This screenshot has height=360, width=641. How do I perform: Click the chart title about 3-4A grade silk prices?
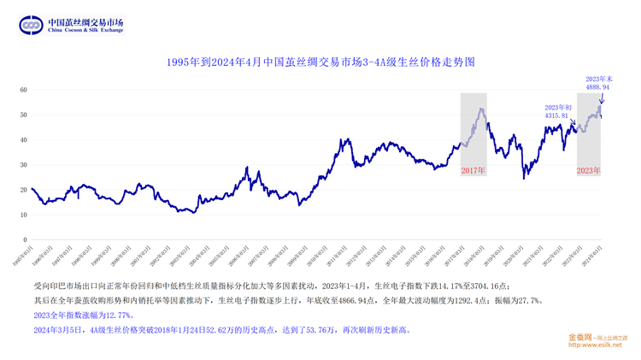320,62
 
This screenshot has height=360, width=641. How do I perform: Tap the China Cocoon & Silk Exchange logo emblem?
32,26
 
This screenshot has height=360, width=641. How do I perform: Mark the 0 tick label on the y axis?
25,240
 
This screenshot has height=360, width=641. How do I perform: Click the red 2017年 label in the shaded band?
473,171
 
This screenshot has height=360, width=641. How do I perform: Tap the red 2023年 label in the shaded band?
589,171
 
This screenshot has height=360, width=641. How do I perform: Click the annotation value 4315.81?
556,115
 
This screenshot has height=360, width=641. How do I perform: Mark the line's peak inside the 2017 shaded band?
481,109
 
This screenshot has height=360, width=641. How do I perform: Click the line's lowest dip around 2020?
525,177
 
